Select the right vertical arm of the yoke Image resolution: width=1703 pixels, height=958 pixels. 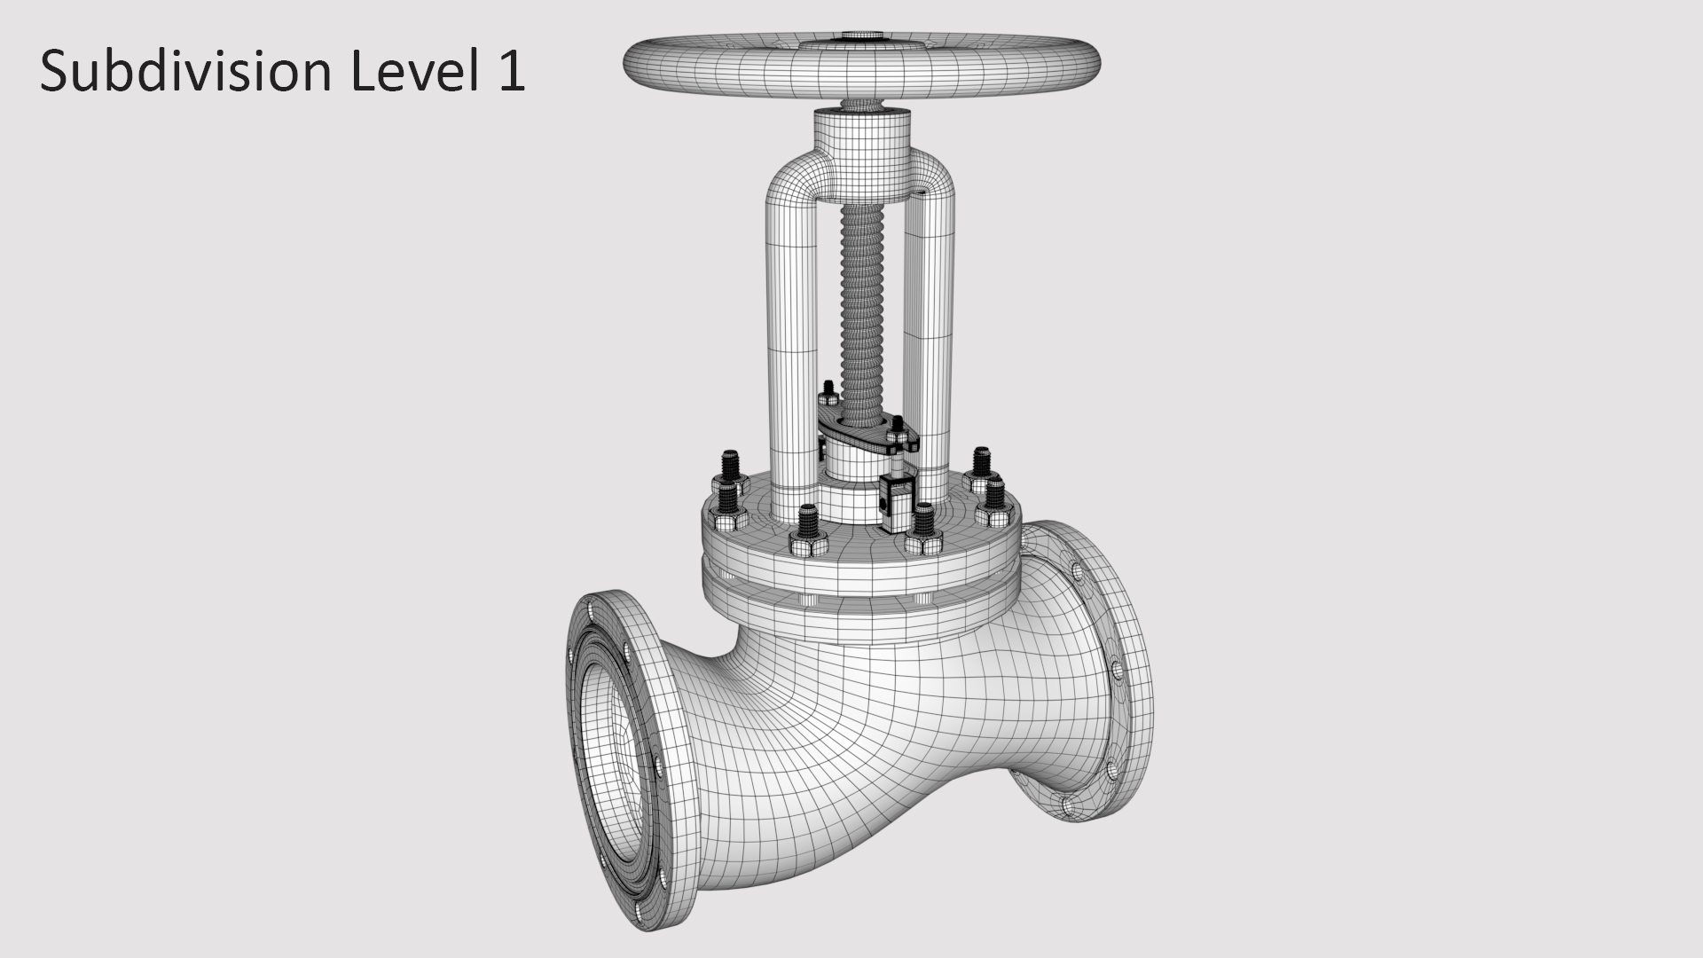[x=933, y=355]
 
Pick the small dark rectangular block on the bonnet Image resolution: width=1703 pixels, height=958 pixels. [x=896, y=506]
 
